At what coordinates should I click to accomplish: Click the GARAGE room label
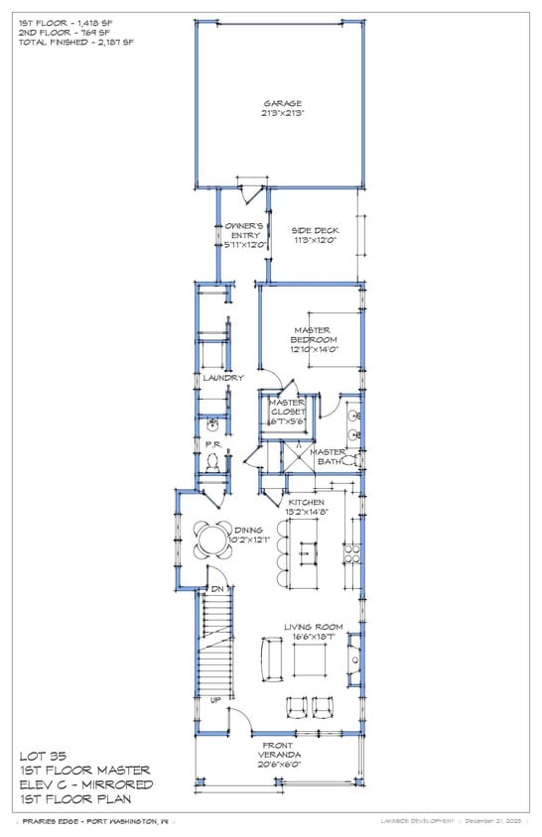(x=283, y=103)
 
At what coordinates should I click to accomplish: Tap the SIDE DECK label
(x=315, y=230)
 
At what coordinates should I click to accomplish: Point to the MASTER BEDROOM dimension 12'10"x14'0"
(x=315, y=349)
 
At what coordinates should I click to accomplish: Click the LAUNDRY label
(x=223, y=378)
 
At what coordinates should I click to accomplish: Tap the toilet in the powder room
(x=213, y=462)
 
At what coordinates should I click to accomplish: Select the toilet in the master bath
(x=351, y=462)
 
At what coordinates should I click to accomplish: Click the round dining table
(x=211, y=539)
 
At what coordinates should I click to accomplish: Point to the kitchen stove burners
(x=351, y=551)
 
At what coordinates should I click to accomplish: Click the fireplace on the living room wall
(x=353, y=660)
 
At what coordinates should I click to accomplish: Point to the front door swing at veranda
(x=238, y=720)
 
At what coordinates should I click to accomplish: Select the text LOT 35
(x=43, y=756)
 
